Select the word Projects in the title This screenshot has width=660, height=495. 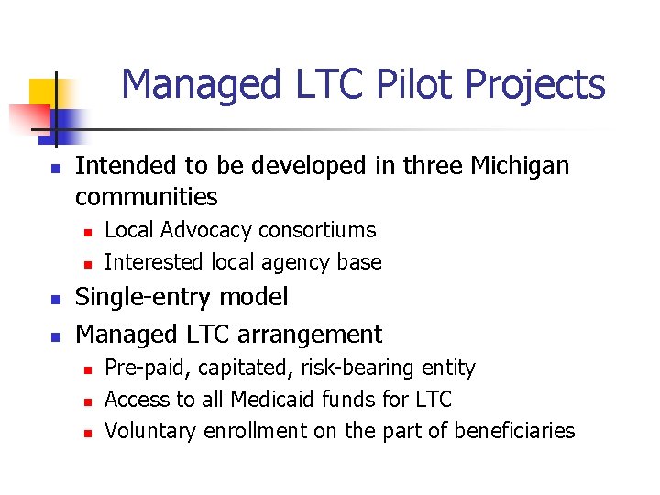tap(535, 84)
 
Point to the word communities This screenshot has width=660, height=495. tap(147, 197)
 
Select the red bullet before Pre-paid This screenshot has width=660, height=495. tap(87, 370)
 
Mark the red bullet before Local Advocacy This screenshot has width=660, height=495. tap(87, 232)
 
